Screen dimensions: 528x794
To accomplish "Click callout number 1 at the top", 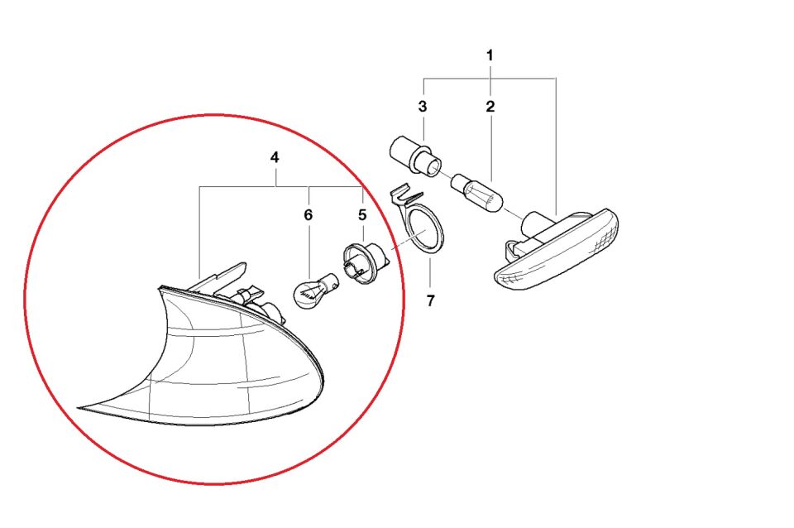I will [490, 55].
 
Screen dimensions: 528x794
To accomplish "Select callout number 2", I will [490, 107].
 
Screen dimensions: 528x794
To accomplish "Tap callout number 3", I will [422, 107].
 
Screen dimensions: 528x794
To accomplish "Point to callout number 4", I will [275, 156].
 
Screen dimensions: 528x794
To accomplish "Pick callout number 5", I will [361, 214].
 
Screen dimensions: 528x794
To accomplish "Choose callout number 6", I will [308, 214].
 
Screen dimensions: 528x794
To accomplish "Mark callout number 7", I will [430, 300].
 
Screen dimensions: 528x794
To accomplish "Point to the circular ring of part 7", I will [425, 229].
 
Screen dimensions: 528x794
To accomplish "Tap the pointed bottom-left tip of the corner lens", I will [80, 408].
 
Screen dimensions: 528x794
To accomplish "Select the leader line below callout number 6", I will [308, 248].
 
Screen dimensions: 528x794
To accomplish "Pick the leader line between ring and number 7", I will [430, 273].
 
